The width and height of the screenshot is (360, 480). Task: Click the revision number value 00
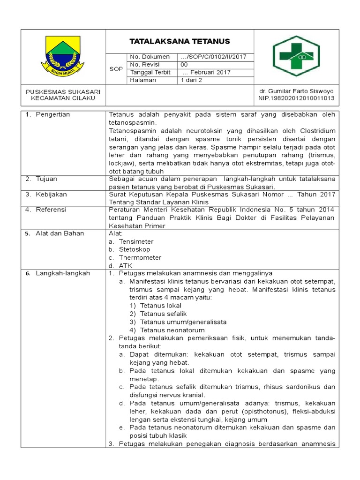[x=185, y=65]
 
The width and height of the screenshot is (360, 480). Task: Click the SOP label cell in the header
[x=116, y=69]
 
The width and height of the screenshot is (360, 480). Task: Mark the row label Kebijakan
[x=51, y=194]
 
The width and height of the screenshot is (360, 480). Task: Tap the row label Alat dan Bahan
[x=60, y=233]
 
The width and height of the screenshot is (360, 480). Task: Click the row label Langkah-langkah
[x=62, y=273]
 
